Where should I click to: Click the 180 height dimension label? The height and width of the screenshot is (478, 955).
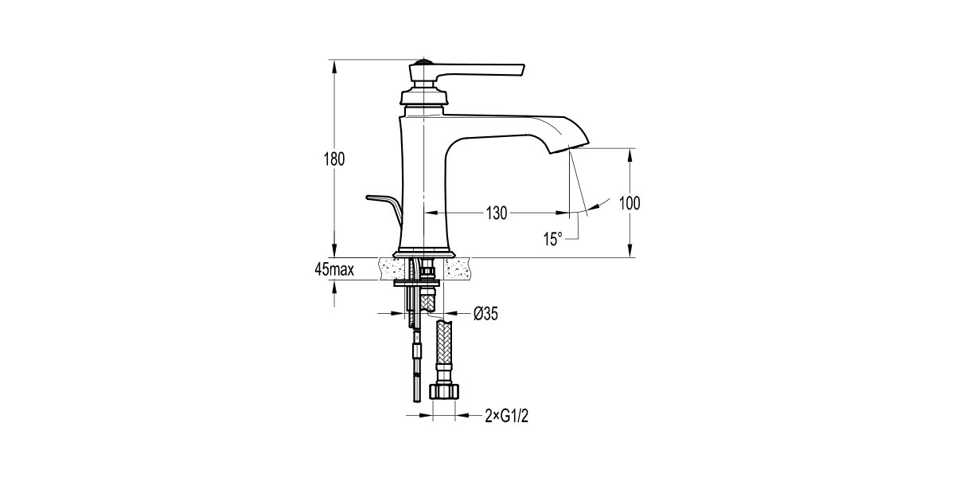click(334, 159)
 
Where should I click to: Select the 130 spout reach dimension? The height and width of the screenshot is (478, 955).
click(497, 213)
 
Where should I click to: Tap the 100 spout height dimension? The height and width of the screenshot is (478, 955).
click(630, 203)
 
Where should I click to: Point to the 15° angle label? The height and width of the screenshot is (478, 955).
click(553, 239)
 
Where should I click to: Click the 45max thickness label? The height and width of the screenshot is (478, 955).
click(334, 269)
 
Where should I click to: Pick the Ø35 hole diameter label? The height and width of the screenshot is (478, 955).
click(485, 314)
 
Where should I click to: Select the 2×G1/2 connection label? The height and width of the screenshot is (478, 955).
click(506, 415)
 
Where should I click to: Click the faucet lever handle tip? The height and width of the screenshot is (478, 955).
click(523, 71)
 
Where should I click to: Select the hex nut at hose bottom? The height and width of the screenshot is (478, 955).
click(444, 391)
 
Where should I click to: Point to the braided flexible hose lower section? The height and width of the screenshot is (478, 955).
click(444, 343)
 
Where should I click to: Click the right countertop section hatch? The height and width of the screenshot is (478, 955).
click(458, 269)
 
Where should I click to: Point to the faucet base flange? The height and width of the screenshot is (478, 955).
click(423, 254)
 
